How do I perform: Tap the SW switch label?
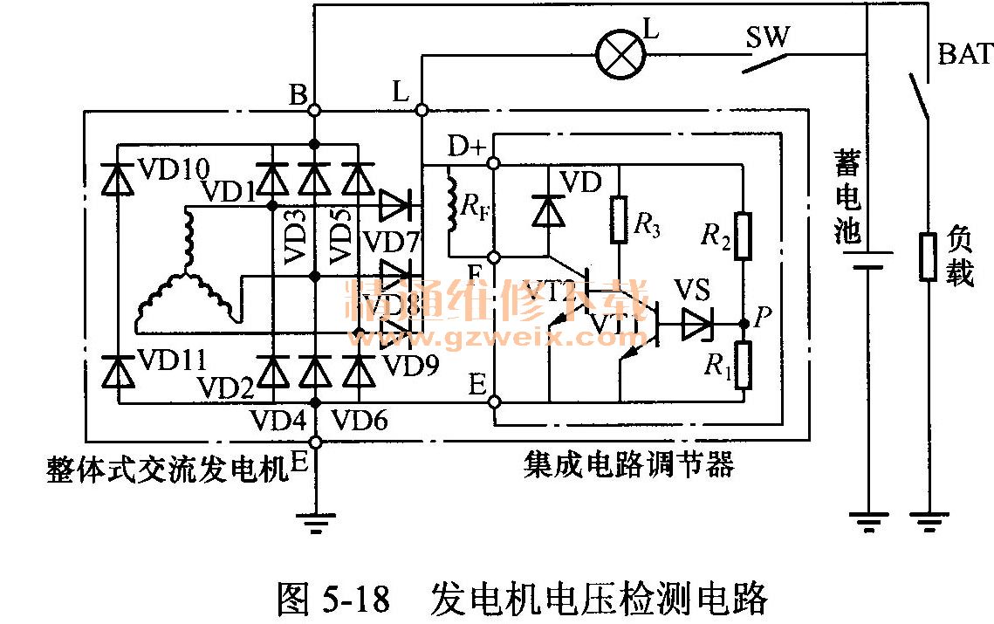[x=767, y=38]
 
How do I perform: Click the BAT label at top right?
[x=965, y=54]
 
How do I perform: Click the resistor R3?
[x=619, y=220]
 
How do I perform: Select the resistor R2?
[x=744, y=237]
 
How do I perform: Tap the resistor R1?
[x=744, y=365]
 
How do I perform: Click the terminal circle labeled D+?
[x=493, y=163]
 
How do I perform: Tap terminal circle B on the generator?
[x=315, y=111]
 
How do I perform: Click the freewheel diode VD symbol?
[x=548, y=210]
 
